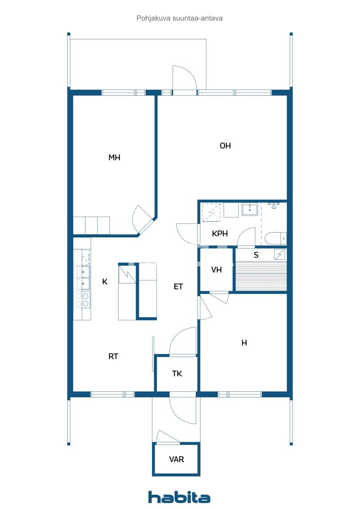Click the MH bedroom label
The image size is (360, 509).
114,158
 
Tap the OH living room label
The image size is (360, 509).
225,146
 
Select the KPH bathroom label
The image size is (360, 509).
220,234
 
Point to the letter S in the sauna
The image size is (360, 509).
256,255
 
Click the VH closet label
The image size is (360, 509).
216,270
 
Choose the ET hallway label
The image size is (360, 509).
178,286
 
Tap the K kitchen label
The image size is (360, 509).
105,282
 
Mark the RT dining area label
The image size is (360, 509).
113,357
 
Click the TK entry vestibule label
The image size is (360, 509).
177,374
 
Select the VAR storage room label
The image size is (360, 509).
176,459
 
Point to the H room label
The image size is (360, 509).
244,343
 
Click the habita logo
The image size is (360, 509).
179,497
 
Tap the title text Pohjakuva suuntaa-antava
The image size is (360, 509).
179,18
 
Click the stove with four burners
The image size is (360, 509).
82,299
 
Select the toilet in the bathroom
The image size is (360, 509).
275,238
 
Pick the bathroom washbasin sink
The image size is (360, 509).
250,209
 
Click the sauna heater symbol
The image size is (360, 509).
280,254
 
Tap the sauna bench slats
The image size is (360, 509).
261,276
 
